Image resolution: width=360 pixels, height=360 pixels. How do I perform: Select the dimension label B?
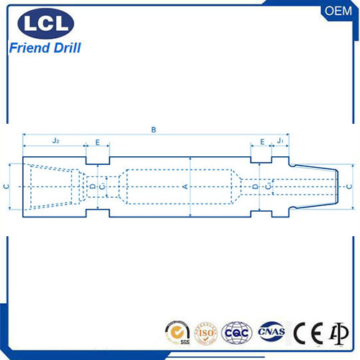pos(153,130)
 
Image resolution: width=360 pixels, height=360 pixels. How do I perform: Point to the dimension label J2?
pos(55,141)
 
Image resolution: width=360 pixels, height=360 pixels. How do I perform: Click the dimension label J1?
pos(279,141)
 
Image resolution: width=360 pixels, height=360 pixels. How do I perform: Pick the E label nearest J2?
pos(97,142)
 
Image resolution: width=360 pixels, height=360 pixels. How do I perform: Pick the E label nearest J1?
pos(262,142)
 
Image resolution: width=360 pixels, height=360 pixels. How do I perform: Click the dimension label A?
pos(184,186)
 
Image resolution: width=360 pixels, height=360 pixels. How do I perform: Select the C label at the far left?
pos(6,186)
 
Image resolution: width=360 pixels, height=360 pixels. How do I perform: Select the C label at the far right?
pos(350,186)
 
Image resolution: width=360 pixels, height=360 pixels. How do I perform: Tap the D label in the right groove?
pos(256,186)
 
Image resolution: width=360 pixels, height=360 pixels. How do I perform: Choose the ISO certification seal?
pos(206,333)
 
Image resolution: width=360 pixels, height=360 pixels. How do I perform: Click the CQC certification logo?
pos(237,333)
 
